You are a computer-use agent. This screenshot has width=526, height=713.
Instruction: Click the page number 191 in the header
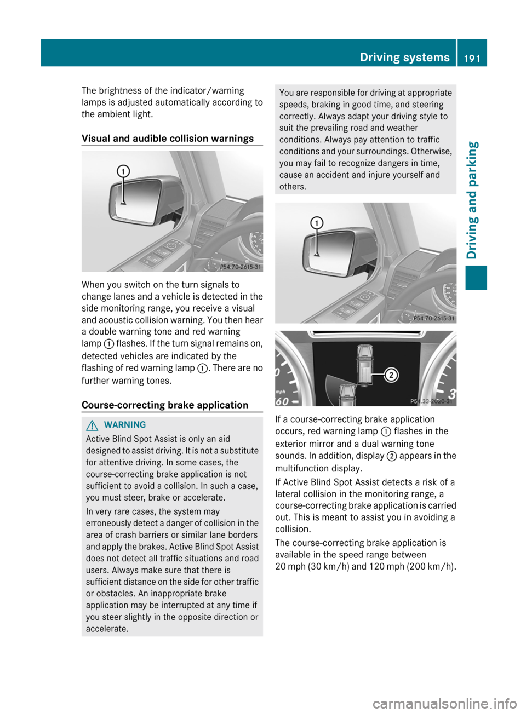pos(472,58)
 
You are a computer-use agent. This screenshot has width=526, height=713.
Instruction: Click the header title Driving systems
pos(404,58)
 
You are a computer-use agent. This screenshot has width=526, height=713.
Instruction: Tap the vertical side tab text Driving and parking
pos(472,200)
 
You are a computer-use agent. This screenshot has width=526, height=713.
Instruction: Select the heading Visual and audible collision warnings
pos(168,139)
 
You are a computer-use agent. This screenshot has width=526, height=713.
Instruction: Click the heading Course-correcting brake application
pos(165,405)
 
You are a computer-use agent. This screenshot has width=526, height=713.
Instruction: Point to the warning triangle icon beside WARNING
pos(92,425)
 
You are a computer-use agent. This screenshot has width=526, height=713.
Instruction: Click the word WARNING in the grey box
pos(125,425)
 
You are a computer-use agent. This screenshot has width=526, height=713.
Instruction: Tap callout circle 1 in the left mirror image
pos(123,171)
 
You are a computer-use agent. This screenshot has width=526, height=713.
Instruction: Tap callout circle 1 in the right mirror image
pos(317,223)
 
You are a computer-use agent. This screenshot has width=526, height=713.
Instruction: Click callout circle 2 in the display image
pos(391,375)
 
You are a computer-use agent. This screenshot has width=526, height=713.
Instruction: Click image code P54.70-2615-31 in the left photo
pos(241,267)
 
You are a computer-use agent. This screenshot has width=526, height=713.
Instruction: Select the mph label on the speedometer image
pos(281,392)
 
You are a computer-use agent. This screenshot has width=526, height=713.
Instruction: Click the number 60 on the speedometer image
pos(282,401)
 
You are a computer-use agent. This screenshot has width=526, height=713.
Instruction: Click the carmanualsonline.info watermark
pos(444,703)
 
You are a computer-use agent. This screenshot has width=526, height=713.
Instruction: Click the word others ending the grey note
pos(293,187)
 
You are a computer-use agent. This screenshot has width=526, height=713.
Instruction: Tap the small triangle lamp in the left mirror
pos(123,203)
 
